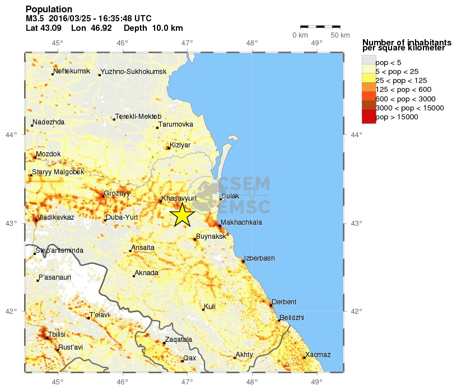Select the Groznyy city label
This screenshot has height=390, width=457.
[118, 193]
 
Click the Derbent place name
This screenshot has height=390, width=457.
[284, 302]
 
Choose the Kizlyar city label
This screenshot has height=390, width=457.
[180, 145]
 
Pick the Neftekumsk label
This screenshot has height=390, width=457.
[72, 71]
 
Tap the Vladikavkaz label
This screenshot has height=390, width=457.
[55, 217]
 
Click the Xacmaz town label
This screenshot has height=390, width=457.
[318, 355]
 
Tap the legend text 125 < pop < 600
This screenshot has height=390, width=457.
[403, 90]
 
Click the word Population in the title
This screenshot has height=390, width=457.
[49, 10]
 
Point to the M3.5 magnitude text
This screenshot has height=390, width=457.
[35, 18]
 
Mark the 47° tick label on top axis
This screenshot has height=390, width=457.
[187, 43]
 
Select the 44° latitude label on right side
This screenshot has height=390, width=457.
[355, 134]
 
